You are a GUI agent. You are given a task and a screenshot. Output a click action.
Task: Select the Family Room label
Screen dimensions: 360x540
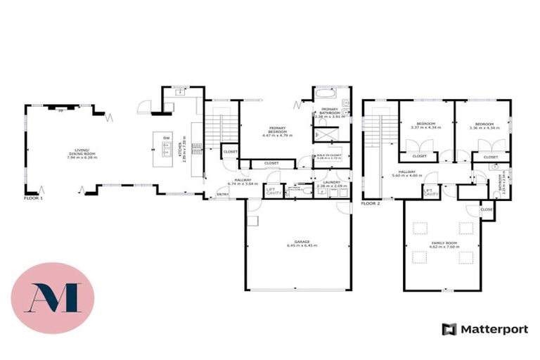click(444, 245)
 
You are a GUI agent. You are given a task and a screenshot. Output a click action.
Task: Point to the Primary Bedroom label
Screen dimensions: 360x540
click(276, 130)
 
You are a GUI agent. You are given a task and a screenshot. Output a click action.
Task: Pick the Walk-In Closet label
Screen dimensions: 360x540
click(328, 157)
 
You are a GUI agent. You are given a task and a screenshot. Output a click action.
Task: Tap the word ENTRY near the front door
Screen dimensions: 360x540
click(223, 195)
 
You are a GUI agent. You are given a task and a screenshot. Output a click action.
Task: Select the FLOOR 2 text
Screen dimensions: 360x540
click(370, 203)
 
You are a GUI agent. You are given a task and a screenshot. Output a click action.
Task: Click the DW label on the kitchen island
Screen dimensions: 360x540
click(166, 137)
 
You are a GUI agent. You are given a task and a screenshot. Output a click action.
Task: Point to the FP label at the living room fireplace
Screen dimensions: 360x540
click(60, 111)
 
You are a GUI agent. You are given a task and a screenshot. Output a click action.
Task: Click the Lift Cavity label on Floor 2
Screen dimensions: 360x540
click(431, 192)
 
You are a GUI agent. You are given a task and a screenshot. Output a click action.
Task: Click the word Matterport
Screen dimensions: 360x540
click(493, 329)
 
